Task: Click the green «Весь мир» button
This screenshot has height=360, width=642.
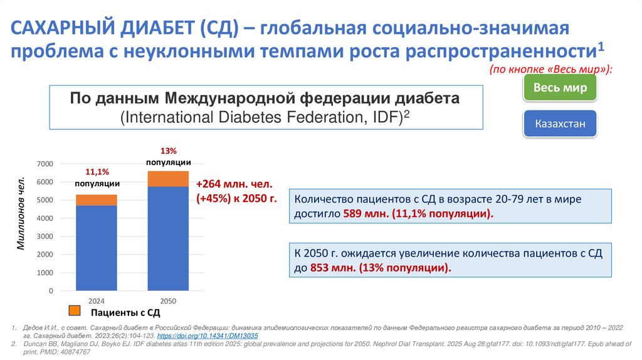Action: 560,87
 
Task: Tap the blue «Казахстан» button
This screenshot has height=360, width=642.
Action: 560,124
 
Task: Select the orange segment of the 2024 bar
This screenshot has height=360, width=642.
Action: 96,200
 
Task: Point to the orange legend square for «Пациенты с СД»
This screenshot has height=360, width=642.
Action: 74,310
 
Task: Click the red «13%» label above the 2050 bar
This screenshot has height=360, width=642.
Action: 169,151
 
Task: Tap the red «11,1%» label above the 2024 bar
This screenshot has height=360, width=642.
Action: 97,172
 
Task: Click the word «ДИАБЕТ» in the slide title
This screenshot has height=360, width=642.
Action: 157,29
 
